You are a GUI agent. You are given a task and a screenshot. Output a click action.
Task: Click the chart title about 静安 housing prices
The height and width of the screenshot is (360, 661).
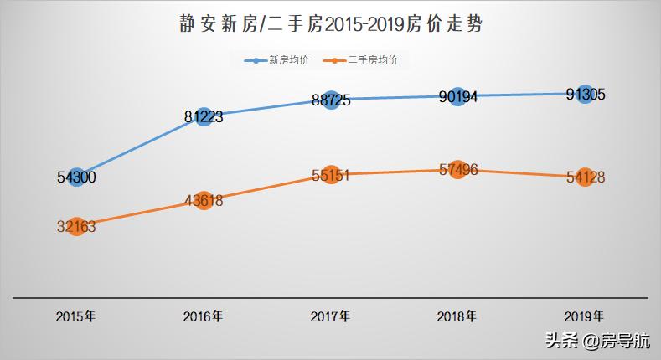330,24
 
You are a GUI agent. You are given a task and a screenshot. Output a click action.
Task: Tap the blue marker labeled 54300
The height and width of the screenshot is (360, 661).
76,177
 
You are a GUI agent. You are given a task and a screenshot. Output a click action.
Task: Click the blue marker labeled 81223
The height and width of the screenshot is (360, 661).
203,116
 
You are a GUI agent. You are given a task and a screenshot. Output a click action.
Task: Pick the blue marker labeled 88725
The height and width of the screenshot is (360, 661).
330,100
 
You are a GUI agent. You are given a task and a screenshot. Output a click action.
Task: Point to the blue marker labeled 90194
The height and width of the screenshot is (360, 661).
457,96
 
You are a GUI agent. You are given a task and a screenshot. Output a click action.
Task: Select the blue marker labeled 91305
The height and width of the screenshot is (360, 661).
584,94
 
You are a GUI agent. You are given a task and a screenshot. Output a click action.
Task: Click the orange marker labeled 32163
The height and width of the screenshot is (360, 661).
76,225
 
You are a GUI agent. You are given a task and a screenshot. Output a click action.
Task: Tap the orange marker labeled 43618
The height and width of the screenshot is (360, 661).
203,200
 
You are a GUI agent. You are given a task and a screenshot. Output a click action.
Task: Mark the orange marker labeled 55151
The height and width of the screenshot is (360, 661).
330,175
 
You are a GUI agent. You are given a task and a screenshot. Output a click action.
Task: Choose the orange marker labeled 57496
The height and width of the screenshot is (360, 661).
457,170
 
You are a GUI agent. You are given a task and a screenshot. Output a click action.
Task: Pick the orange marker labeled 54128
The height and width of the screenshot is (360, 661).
584,177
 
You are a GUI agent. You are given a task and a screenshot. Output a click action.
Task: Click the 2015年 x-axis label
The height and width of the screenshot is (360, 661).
75,316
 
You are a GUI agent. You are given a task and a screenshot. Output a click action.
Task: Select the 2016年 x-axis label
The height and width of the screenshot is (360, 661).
203,316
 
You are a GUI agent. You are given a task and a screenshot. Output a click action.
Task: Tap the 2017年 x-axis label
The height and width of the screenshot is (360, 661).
330,316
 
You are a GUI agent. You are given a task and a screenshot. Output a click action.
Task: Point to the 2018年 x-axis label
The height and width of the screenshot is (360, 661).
457,316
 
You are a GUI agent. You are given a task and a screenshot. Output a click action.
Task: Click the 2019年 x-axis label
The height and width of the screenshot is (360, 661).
584,316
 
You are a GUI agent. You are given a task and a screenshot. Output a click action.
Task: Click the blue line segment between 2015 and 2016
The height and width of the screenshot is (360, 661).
140,147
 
